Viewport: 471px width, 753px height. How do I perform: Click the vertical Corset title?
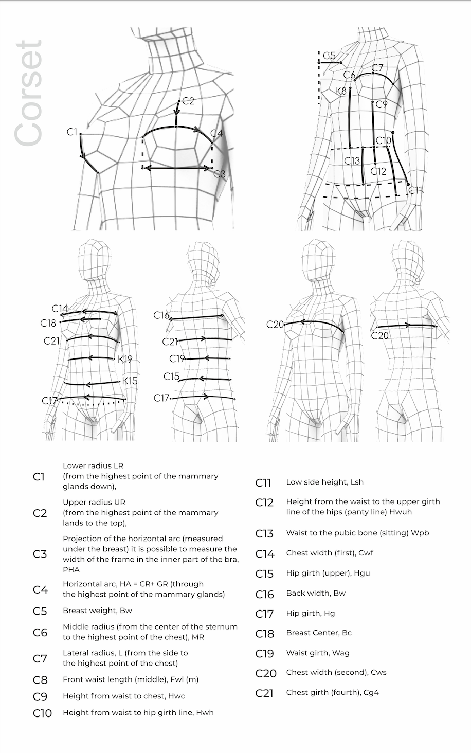(x=29, y=94)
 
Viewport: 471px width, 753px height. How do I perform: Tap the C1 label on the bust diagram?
(x=72, y=132)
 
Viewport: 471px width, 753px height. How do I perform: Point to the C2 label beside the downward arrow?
(x=188, y=101)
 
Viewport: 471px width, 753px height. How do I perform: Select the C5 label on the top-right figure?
(x=329, y=56)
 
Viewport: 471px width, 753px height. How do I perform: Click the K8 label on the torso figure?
(x=341, y=92)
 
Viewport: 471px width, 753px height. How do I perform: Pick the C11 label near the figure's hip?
(x=415, y=190)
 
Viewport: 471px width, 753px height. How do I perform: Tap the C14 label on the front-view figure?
(x=60, y=309)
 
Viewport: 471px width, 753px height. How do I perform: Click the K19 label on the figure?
(x=125, y=359)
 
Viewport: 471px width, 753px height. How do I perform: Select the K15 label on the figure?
(x=130, y=381)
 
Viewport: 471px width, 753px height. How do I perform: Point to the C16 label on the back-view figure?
(x=161, y=315)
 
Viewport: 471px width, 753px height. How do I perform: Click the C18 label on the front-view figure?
(x=48, y=323)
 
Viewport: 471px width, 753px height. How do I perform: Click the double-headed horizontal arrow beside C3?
(x=178, y=168)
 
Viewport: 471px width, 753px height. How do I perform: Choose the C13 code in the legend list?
(x=264, y=533)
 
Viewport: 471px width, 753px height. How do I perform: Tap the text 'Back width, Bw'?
(x=316, y=593)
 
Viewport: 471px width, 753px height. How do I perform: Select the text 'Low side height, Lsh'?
(x=324, y=482)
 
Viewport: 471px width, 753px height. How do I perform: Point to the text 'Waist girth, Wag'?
(x=318, y=653)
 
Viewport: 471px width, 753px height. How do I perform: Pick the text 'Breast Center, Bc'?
(x=319, y=633)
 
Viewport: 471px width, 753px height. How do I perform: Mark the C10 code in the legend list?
(x=42, y=713)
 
